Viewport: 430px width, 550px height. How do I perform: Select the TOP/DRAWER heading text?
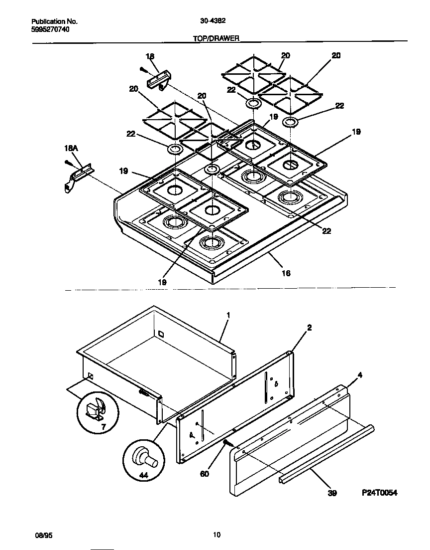(x=216, y=38)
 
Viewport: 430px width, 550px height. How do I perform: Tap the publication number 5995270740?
(x=50, y=29)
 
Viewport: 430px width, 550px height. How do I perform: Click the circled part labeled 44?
(x=143, y=457)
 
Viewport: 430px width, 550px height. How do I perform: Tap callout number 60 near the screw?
(x=205, y=473)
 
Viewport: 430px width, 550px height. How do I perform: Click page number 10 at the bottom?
(x=216, y=535)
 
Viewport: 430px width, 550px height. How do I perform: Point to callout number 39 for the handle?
(x=332, y=493)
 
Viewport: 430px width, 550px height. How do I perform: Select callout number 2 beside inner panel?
(x=309, y=328)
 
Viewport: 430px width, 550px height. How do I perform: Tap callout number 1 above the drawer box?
(x=228, y=315)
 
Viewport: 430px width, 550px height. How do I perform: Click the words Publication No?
(x=55, y=21)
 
